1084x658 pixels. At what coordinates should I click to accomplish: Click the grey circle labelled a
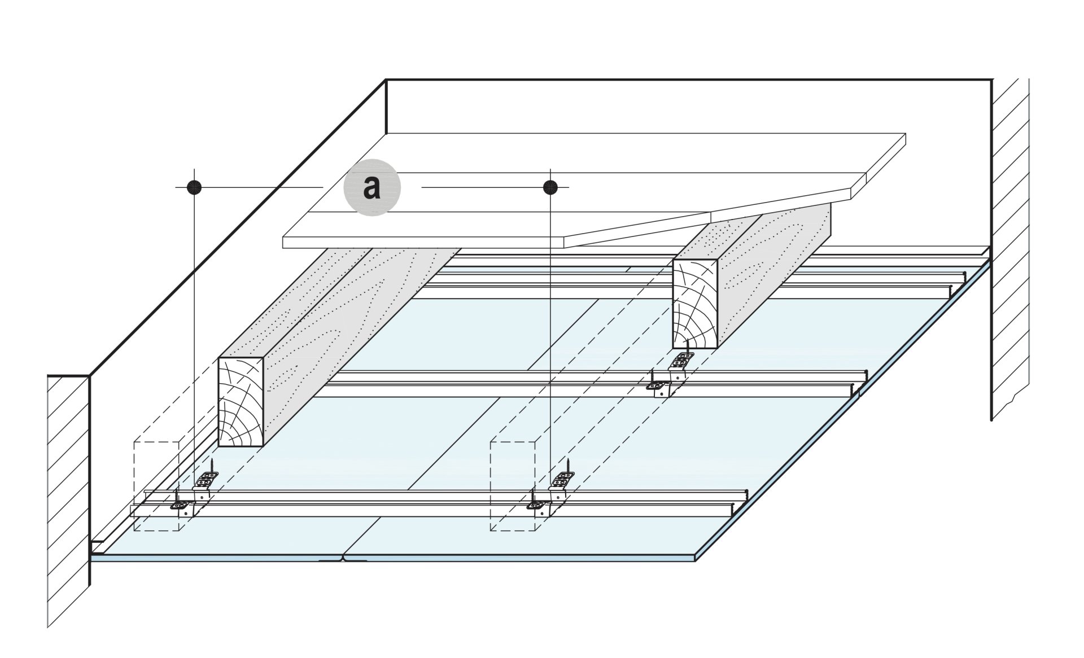[x=372, y=187]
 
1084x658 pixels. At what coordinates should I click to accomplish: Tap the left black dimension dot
[x=194, y=187]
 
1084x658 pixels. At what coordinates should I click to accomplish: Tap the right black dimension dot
[x=550, y=187]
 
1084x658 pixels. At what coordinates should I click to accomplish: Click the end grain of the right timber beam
[x=695, y=303]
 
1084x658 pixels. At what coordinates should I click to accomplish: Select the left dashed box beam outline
[x=156, y=485]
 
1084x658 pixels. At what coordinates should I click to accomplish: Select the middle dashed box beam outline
[x=512, y=485]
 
